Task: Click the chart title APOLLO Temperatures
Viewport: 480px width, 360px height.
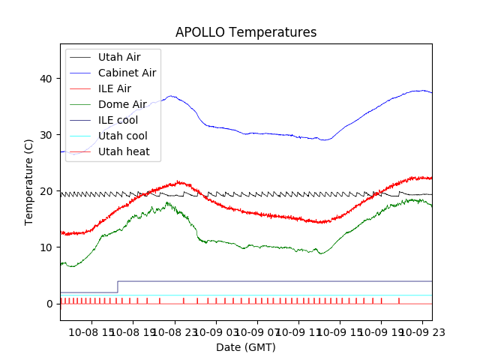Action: (246, 32)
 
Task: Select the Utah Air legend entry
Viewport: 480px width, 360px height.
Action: (118, 57)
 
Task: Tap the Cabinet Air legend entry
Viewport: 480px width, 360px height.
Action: (127, 73)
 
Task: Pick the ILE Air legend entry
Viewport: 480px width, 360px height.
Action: (115, 88)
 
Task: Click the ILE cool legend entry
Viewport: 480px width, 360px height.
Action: (118, 120)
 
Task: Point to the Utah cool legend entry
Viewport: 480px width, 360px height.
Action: (122, 136)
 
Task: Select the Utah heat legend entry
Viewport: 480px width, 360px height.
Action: (124, 151)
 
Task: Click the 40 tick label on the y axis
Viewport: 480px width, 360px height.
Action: (46, 79)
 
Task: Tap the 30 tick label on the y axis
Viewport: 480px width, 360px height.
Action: (46, 135)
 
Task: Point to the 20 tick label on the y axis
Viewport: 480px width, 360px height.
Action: (46, 191)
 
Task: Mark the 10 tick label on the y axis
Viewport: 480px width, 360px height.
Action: (46, 247)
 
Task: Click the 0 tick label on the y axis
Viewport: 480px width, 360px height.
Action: (49, 304)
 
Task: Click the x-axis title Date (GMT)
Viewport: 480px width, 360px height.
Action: (246, 347)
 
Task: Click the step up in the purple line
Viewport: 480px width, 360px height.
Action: (118, 286)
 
